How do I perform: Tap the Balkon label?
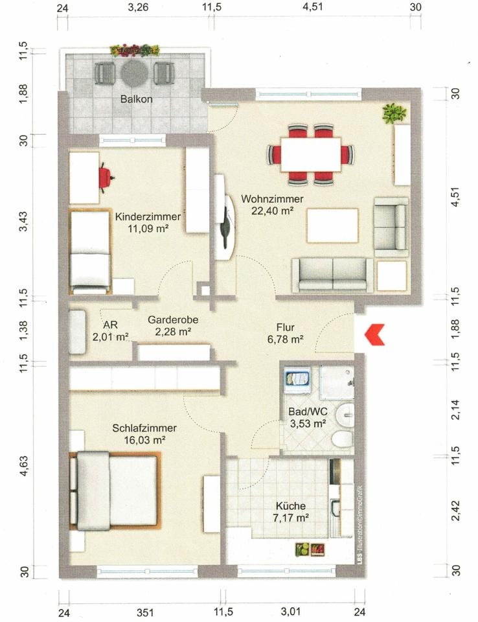coord(136,98)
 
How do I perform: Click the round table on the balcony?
coord(135,73)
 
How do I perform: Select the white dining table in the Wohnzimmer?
coord(311,154)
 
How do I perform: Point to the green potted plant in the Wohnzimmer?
coord(394,113)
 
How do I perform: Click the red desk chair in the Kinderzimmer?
coord(106,178)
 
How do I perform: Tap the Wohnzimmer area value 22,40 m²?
coord(272,211)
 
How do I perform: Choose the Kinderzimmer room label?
coord(148,217)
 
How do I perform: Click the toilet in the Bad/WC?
coord(342,439)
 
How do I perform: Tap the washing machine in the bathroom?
coord(297,380)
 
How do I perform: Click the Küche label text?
coord(291,506)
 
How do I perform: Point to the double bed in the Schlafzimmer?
coord(115,490)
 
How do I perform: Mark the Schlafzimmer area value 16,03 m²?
coord(145,440)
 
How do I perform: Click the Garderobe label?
coord(173,319)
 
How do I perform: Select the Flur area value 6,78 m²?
coord(285,339)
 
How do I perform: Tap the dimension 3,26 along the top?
coord(138,8)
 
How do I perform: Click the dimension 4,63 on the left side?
coord(24,466)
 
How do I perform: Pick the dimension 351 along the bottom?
coord(145,612)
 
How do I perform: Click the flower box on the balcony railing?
coord(135,51)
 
